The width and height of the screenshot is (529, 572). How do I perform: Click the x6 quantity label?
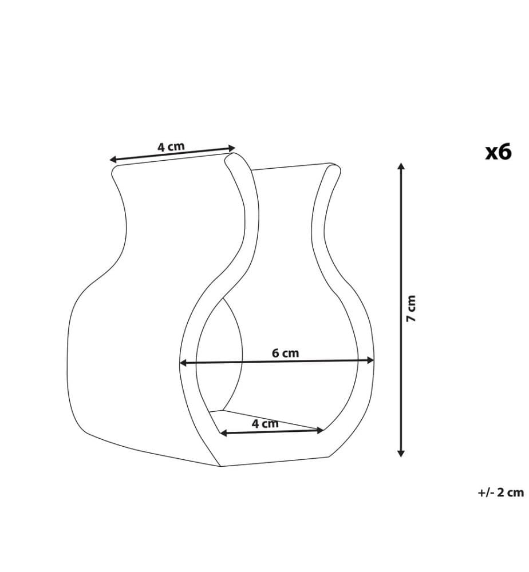pos(498,152)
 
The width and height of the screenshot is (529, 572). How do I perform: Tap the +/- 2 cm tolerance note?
pos(500,492)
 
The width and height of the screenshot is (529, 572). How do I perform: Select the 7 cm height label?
pos(411,308)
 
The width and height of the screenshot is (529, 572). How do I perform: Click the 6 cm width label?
pos(285,353)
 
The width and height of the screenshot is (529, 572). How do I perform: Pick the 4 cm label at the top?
pos(171,146)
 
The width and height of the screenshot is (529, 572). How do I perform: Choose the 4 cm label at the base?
pos(265,423)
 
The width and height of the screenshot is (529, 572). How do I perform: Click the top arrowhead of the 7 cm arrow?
pos(401,166)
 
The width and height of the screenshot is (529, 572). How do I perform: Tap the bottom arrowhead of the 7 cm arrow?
pos(401,453)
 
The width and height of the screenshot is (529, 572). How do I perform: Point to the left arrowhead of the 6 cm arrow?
pos(183,363)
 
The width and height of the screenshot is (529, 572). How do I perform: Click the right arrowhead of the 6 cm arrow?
pos(370,360)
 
